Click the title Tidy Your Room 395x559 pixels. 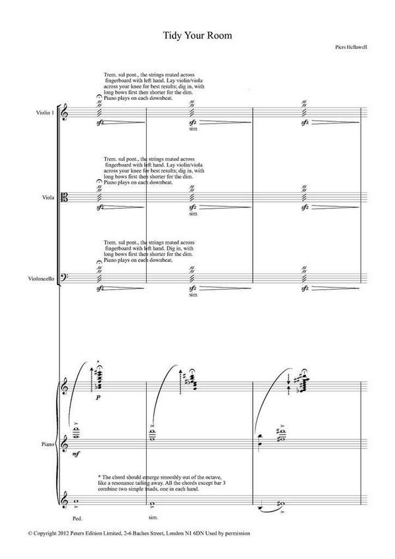pyautogui.click(x=197, y=36)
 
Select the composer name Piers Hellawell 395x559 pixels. pyautogui.click(x=351, y=47)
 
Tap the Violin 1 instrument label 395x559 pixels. pyautogui.click(x=45, y=113)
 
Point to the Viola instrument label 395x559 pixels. pyautogui.click(x=48, y=198)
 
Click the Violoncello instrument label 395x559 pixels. pyautogui.click(x=41, y=279)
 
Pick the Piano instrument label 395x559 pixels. pyautogui.click(x=48, y=444)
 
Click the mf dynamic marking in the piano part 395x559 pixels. pyautogui.click(x=76, y=454)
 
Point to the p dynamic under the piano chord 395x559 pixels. pyautogui.click(x=97, y=397)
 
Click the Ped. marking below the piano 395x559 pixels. pyautogui.click(x=77, y=518)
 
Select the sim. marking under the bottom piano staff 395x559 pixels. pyautogui.click(x=153, y=518)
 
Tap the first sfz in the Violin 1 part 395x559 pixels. pyautogui.click(x=100, y=122)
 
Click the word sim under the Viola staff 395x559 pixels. pyautogui.click(x=194, y=213)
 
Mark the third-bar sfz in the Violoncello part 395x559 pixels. pyautogui.click(x=305, y=288)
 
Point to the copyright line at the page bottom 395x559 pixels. pyautogui.click(x=139, y=533)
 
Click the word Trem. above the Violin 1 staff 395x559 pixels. pyautogui.click(x=110, y=74)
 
